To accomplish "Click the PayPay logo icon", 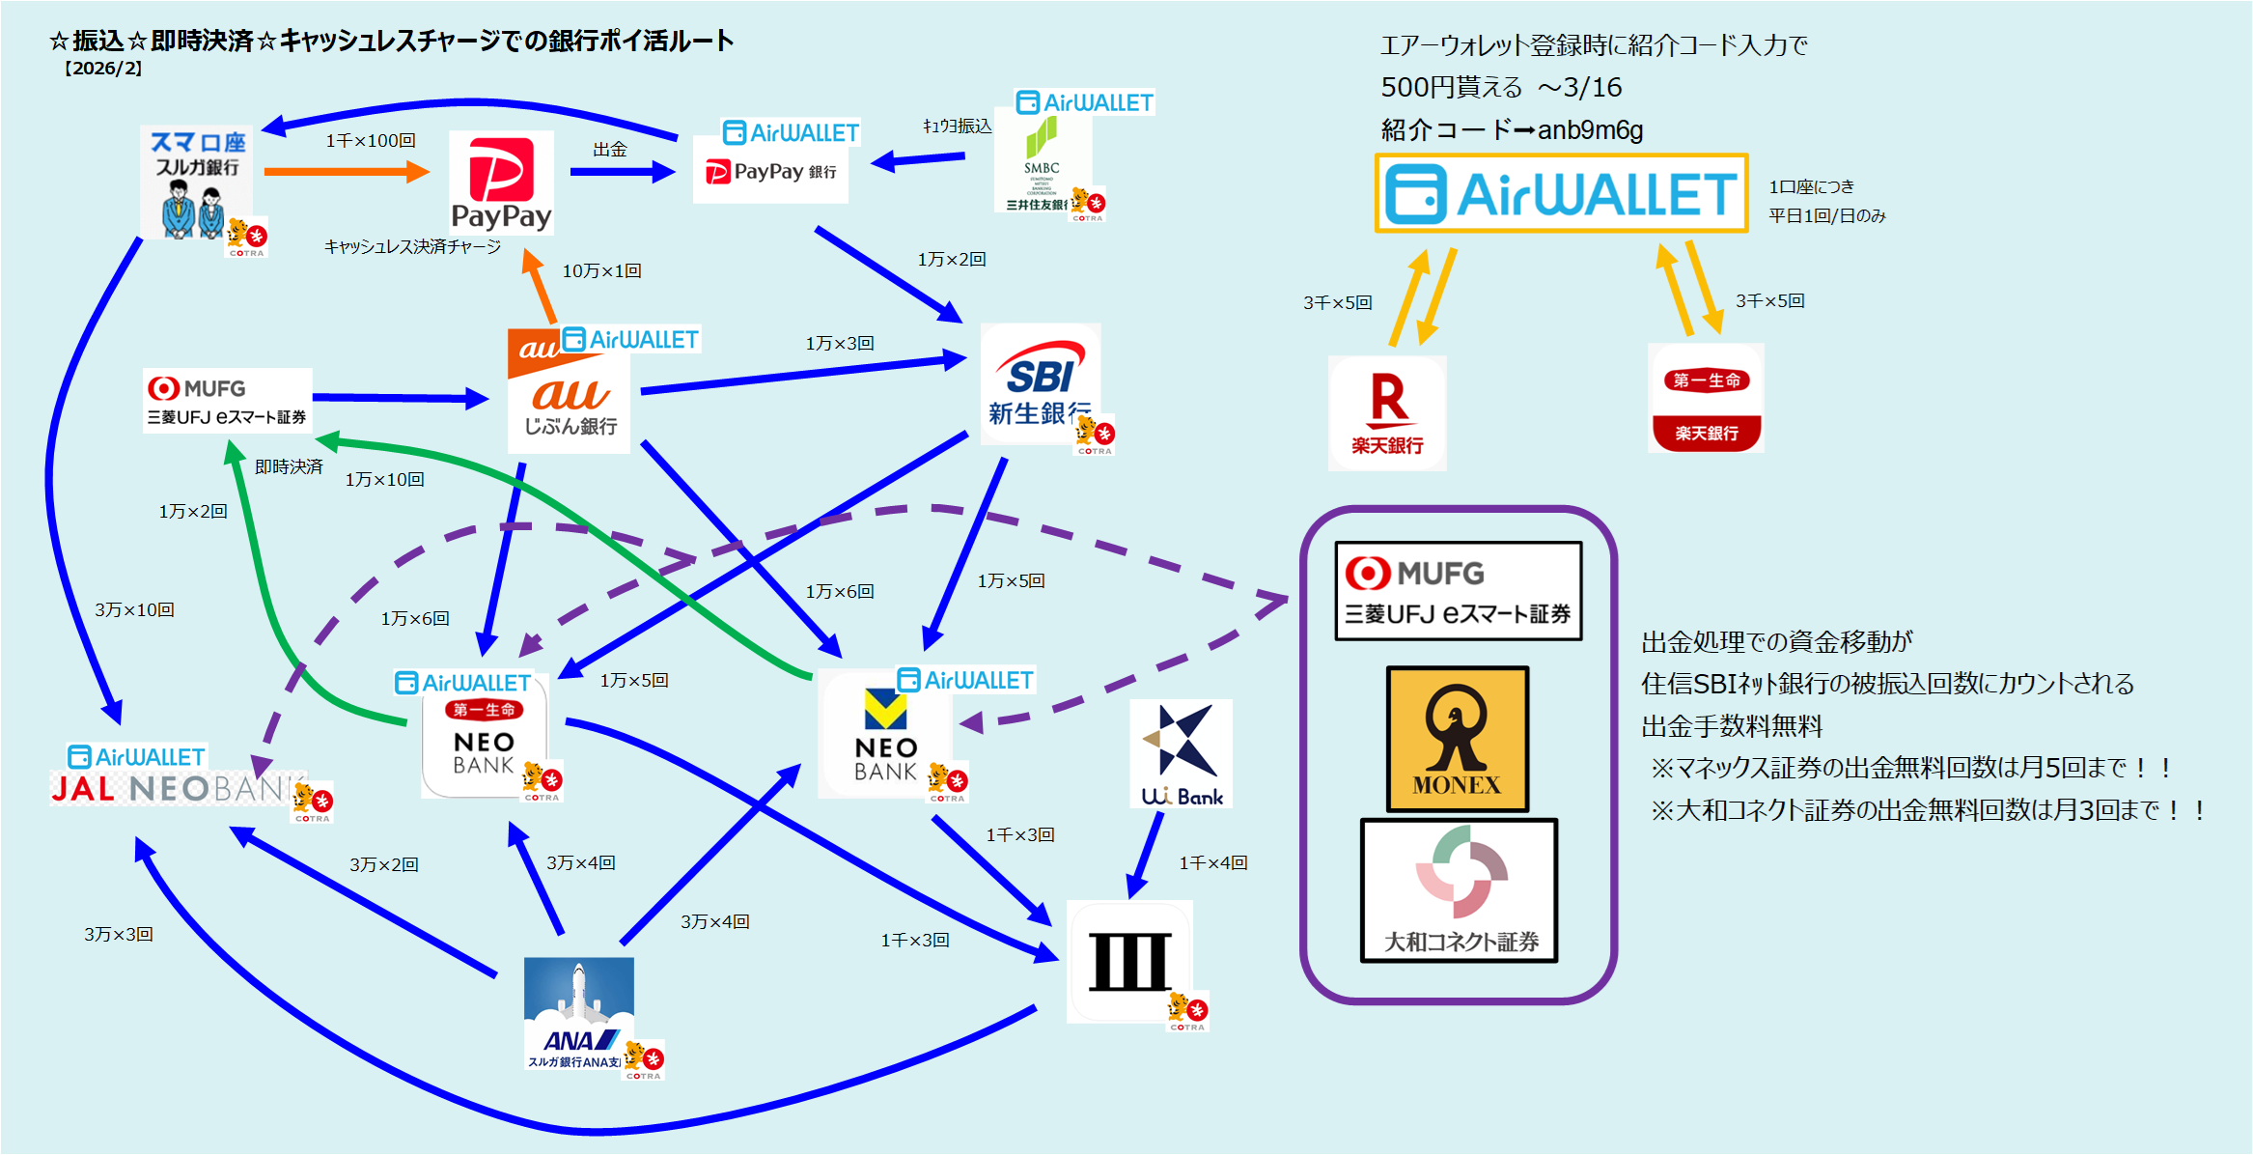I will coord(501,183).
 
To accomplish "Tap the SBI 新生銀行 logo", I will coord(1040,383).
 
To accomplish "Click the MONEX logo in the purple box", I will coord(1457,739).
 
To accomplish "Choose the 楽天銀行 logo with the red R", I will coord(1387,412).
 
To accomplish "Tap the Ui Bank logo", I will coord(1182,754).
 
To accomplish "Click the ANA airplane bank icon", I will coord(579,1012).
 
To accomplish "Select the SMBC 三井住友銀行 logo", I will coord(1043,161).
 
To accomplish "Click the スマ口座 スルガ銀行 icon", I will coord(197,182).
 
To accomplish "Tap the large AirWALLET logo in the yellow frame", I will coord(1561,193).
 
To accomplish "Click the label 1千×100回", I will coord(371,141).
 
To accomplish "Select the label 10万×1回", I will coord(601,271).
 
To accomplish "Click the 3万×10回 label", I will coord(134,610).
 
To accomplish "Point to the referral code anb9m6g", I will coord(1590,130).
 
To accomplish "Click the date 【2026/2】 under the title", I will coord(102,69).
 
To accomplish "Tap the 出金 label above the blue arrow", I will coord(610,150).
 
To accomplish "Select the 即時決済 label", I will coord(289,467).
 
